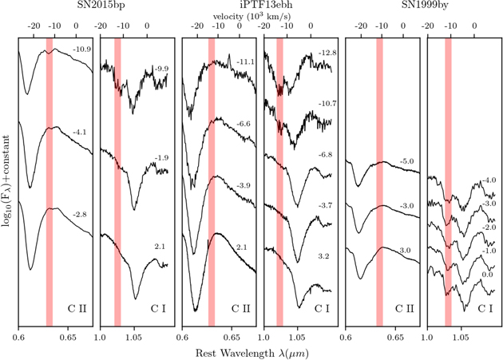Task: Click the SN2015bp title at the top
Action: click(97, 5)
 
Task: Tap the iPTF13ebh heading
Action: click(252, 5)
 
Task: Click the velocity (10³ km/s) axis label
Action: click(252, 16)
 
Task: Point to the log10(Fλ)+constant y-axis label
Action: click(6, 181)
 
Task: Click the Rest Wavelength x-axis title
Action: click(252, 354)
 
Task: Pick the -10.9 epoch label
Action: click(81, 49)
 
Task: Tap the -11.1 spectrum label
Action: click(245, 62)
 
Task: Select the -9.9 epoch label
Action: click(161, 69)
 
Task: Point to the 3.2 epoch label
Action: click(323, 256)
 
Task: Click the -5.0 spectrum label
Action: click(406, 161)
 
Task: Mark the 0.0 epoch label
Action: click(487, 275)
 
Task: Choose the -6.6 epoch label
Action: click(244, 125)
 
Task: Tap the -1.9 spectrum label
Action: click(161, 158)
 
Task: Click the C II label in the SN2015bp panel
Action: click(77, 309)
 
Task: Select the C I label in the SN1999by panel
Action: click(485, 309)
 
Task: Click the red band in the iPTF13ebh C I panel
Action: click(279, 182)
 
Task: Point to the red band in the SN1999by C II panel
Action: click(379, 182)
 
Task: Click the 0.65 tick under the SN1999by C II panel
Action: click(395, 338)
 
